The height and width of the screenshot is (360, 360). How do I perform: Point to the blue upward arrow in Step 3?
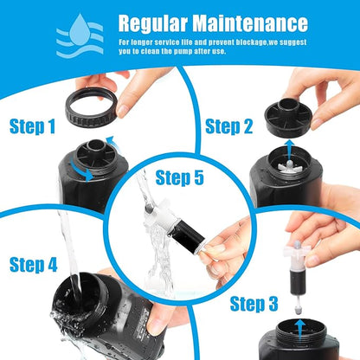[x=299, y=325]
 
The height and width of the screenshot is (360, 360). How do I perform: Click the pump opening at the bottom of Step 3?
[x=299, y=346]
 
